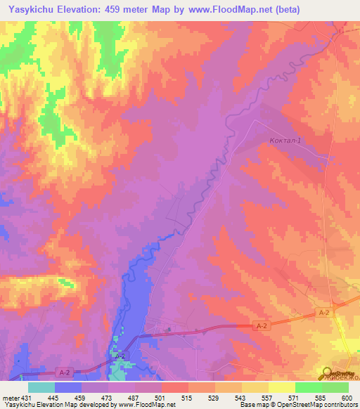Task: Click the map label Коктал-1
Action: tap(285, 141)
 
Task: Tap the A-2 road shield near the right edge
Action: tap(323, 313)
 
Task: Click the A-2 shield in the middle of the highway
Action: tap(262, 326)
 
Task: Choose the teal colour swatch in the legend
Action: tap(41, 387)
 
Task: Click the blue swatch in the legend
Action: tap(68, 387)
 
